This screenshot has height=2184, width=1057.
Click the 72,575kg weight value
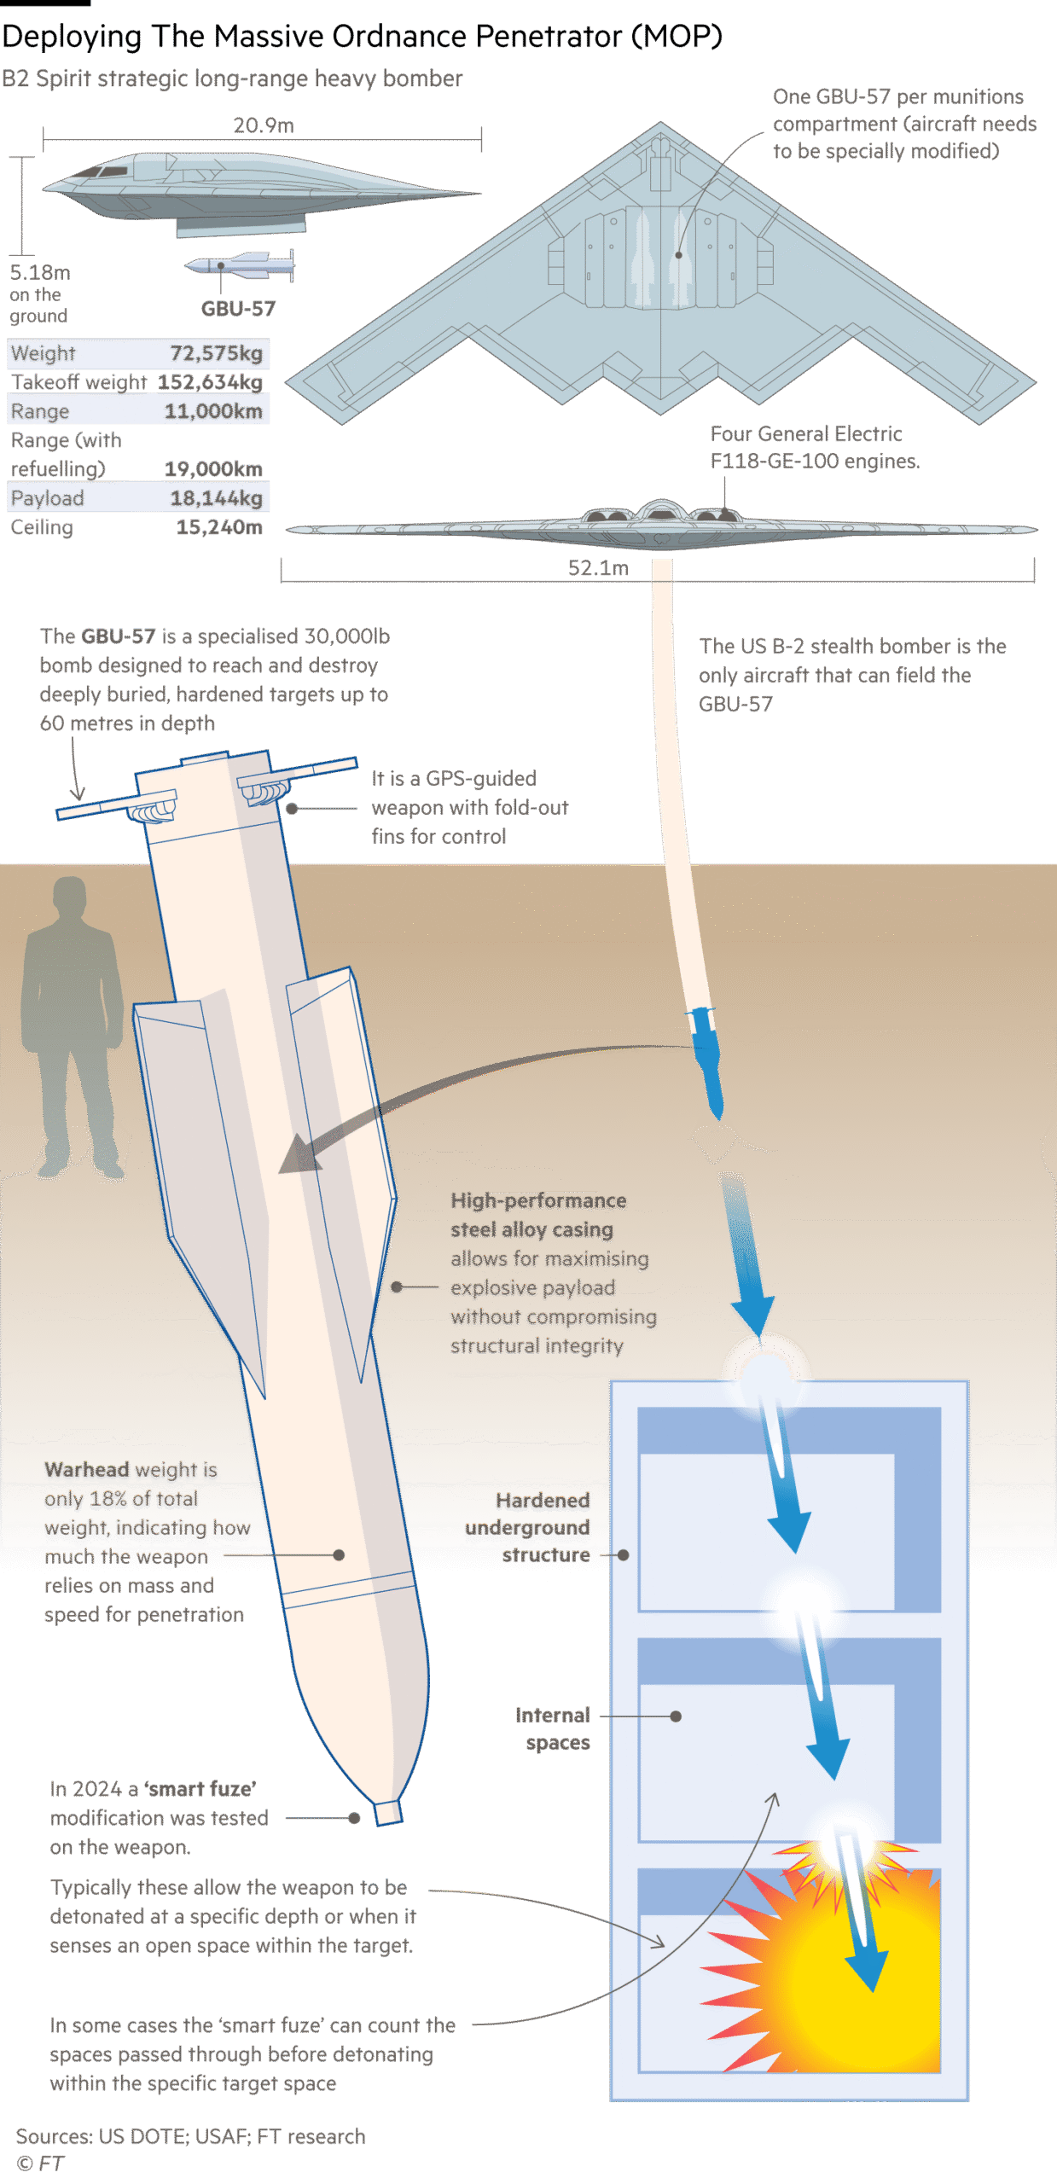tap(216, 353)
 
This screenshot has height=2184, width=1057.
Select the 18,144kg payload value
tap(216, 498)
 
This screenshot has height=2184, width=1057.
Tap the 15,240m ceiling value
tap(219, 527)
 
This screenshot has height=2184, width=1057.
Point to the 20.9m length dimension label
tap(264, 126)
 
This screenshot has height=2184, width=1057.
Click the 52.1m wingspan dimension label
tap(598, 568)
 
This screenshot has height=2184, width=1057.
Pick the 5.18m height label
tap(40, 273)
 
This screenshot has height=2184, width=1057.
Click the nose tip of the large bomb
tap(388, 1812)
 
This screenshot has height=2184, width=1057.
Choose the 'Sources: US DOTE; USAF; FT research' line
tap(190, 2137)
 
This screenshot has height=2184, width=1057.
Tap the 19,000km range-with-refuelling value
tap(213, 469)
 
